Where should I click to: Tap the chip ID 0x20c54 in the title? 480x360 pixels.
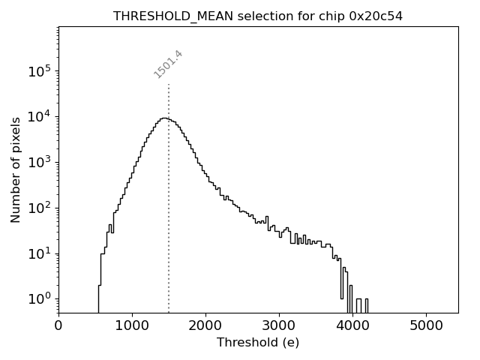tap(376, 16)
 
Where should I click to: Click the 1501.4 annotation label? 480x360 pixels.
tap(169, 64)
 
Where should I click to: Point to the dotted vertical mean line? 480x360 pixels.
tap(169, 225)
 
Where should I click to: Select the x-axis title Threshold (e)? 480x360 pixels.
tap(258, 342)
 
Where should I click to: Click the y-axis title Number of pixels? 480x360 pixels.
tap(16, 169)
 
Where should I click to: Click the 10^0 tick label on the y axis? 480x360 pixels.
tap(40, 298)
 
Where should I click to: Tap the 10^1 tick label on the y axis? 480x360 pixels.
tap(40, 253)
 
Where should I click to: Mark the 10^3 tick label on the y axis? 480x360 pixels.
tap(40, 162)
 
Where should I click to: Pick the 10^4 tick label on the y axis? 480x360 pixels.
tap(40, 116)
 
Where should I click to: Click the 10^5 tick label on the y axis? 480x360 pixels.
tap(40, 71)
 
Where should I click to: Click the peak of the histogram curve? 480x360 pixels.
tap(163, 118)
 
